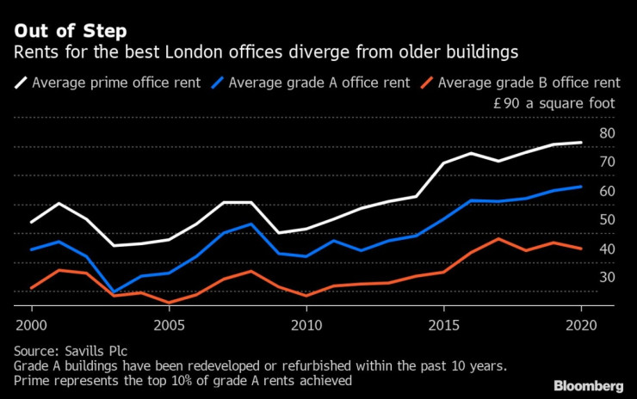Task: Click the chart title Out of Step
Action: point(69,32)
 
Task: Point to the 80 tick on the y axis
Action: point(608,133)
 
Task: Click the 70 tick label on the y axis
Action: point(608,162)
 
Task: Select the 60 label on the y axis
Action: point(608,191)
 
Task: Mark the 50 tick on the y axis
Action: point(608,220)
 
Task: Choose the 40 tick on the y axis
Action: point(608,249)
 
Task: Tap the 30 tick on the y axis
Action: point(608,277)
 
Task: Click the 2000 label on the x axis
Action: point(32,327)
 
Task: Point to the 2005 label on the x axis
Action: point(169,327)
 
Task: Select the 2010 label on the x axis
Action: point(306,327)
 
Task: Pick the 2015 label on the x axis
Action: point(443,327)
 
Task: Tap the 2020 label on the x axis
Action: point(581,327)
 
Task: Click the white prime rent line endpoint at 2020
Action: point(581,143)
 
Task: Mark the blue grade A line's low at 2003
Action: point(114,292)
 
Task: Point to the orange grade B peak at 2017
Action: point(498,238)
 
